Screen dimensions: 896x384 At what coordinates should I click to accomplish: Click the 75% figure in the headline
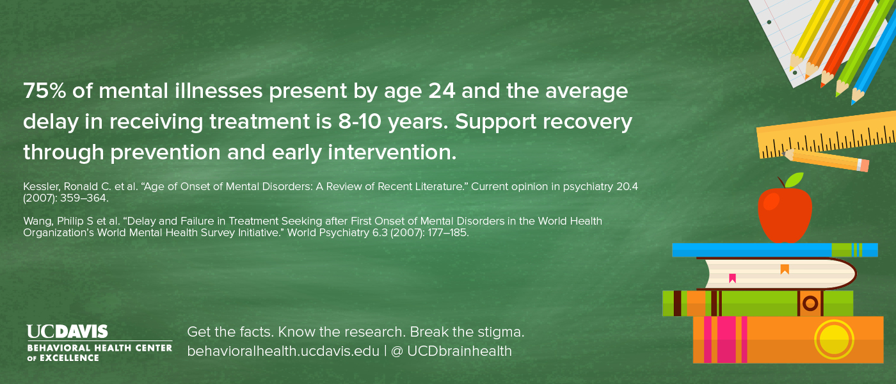[x=44, y=91]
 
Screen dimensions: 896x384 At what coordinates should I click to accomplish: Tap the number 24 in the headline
[x=442, y=91]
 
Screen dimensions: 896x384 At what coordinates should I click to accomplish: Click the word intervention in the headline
[x=392, y=152]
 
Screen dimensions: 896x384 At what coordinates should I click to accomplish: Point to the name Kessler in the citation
[x=40, y=187]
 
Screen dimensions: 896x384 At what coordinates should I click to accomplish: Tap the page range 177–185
[x=448, y=232]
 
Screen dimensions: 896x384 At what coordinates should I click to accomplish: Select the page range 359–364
[x=84, y=198]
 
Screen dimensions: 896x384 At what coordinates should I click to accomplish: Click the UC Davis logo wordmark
[x=67, y=332]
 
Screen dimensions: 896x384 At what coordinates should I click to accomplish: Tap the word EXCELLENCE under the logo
[x=69, y=358]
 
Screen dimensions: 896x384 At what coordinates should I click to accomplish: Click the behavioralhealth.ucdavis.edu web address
[x=283, y=351]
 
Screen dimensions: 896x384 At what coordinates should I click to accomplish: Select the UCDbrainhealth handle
[x=460, y=351]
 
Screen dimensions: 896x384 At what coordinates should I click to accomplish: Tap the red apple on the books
[x=785, y=214]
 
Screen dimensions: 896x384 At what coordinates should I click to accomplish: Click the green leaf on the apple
[x=794, y=179]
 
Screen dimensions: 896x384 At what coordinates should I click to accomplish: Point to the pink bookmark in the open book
[x=732, y=278]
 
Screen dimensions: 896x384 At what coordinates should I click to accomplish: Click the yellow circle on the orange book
[x=834, y=339]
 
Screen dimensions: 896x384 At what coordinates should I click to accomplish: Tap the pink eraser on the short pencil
[x=863, y=165]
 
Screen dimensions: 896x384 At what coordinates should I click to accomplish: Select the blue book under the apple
[x=775, y=250]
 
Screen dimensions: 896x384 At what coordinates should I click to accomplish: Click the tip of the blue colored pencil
[x=852, y=104]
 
